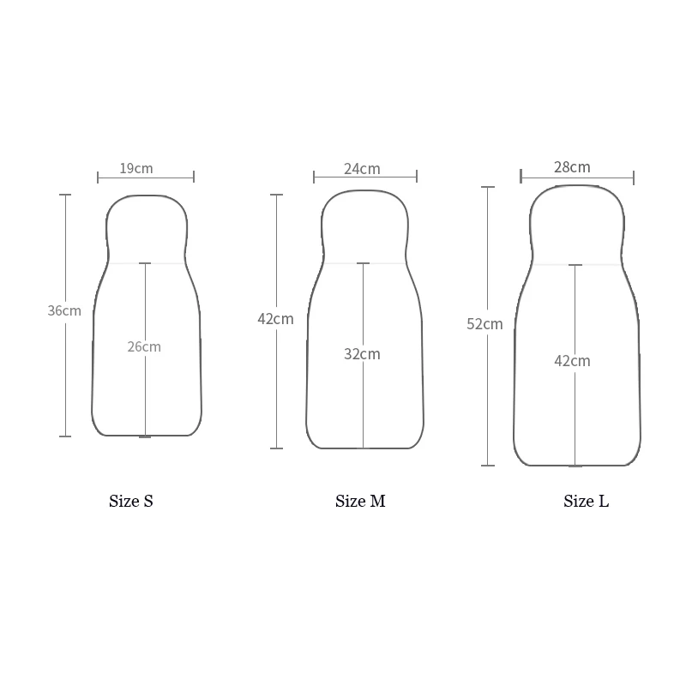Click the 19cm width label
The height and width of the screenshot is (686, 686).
click(x=136, y=168)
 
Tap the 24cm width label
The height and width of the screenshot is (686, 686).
click(x=362, y=169)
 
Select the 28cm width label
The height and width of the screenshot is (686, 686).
click(x=572, y=167)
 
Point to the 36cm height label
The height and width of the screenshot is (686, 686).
click(x=64, y=310)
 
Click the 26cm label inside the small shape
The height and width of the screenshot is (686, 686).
click(x=144, y=347)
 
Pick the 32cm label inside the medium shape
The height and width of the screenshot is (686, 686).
click(x=362, y=354)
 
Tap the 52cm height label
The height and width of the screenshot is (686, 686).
click(x=484, y=324)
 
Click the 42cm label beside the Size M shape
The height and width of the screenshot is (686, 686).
click(x=275, y=319)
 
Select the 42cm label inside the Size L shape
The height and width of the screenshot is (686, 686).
click(x=572, y=361)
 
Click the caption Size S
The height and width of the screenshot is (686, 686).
click(x=131, y=502)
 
